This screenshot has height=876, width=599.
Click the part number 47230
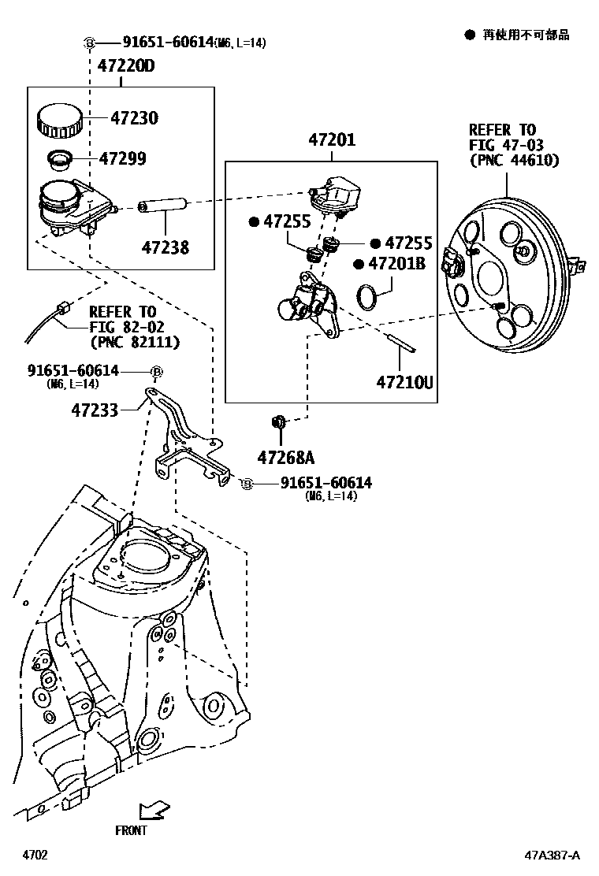point(134,118)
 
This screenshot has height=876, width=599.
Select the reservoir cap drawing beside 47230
point(58,119)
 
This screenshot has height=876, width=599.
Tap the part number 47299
point(122,158)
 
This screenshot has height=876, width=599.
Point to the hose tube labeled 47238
point(164,208)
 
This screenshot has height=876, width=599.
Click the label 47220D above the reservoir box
point(126,66)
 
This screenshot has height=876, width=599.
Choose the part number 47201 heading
point(331,140)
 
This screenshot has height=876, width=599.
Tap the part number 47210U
point(404,384)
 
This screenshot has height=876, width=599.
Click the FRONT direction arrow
point(151,809)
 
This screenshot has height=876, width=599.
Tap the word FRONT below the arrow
point(131,830)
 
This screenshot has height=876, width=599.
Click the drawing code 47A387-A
point(553,855)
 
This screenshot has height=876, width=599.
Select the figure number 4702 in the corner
point(34,855)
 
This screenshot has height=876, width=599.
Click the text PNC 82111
point(135,342)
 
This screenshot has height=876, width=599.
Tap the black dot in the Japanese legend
point(469,35)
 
